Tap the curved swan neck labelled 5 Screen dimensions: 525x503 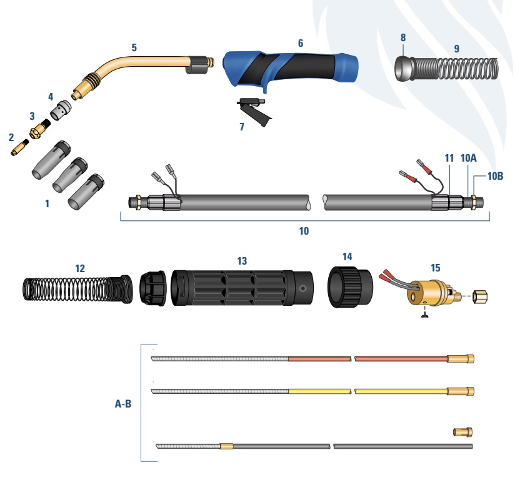[x=141, y=74]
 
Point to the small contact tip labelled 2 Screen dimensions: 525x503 [x=20, y=148]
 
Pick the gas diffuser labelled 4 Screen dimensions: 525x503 [x=61, y=110]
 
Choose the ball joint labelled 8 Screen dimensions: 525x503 [x=404, y=69]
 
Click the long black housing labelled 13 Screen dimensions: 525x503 [x=242, y=288]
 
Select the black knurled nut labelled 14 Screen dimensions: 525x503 [x=350, y=287]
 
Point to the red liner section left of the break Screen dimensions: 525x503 [x=320, y=359]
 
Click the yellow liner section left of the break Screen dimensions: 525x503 [x=320, y=391]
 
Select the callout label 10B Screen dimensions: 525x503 [x=495, y=176]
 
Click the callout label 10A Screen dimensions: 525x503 [x=468, y=158]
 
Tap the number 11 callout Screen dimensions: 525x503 [x=449, y=158]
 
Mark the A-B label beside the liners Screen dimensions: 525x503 [x=123, y=404]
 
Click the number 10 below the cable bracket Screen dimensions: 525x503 [x=304, y=231]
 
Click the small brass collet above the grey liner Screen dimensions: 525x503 [x=462, y=431]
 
